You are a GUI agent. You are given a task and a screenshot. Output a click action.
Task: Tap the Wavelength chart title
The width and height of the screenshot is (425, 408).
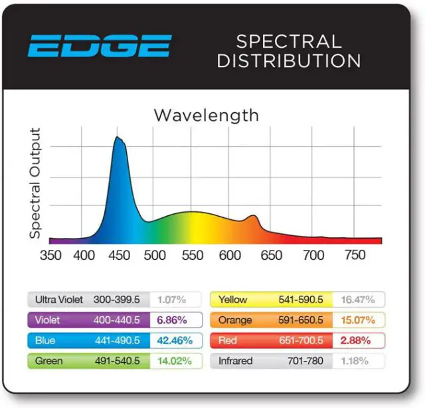(206, 115)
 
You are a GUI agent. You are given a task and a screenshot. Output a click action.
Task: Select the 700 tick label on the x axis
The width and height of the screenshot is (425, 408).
(313, 255)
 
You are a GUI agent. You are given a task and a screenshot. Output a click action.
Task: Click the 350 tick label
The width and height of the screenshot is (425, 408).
(50, 255)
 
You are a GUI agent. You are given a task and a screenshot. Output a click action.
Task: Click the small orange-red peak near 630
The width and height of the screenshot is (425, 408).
(252, 217)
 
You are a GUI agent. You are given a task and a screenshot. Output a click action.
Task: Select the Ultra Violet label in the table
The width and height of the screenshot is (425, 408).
(59, 300)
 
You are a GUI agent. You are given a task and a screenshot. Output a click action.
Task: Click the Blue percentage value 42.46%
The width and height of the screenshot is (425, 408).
(175, 341)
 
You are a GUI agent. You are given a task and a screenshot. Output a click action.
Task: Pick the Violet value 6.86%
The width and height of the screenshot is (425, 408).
(171, 320)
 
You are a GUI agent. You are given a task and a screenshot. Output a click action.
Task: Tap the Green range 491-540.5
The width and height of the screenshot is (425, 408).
(117, 361)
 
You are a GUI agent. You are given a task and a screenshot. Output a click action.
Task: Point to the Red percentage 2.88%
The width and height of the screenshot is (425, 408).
(359, 341)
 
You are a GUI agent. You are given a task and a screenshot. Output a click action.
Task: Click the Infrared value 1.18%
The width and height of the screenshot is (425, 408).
(359, 361)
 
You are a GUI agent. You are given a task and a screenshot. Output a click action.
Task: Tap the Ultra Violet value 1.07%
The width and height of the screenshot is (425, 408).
(171, 300)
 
